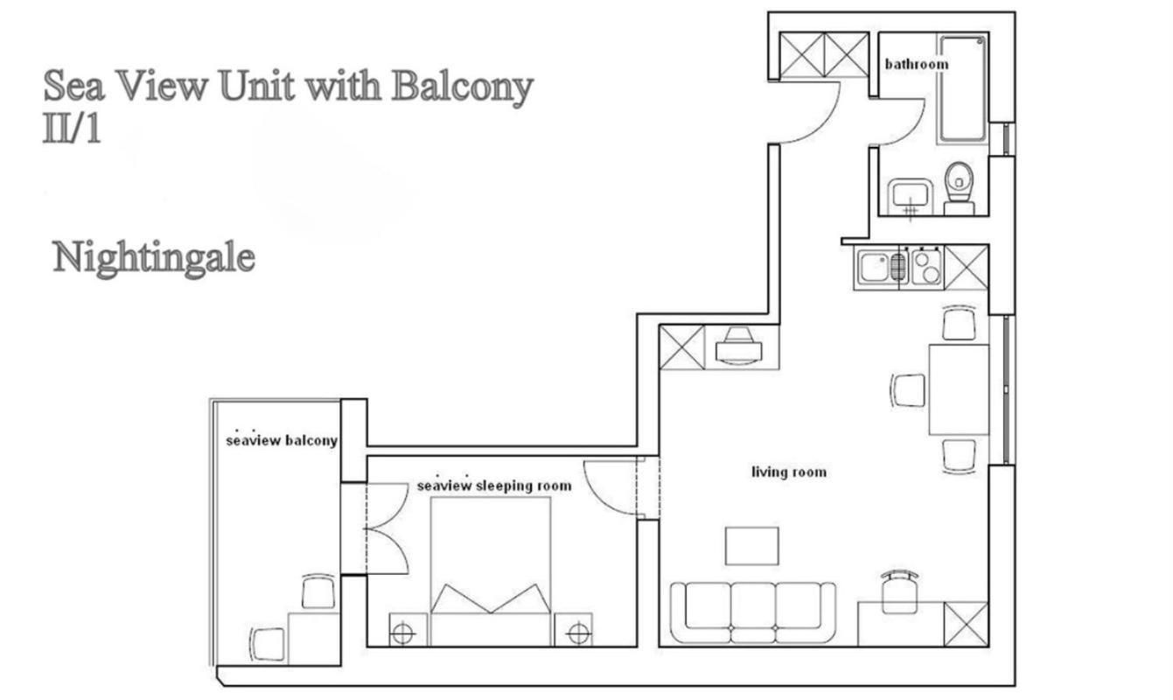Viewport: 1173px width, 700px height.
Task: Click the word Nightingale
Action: tap(154, 259)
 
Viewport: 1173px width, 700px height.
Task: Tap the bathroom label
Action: tap(917, 65)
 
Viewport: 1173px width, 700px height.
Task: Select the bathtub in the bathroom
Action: tap(962, 89)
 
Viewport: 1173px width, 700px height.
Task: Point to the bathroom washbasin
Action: tap(911, 197)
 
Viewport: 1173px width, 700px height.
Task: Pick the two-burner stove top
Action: tap(926, 268)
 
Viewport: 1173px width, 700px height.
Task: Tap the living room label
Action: tap(789, 472)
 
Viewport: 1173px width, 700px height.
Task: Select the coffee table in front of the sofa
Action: tap(751, 546)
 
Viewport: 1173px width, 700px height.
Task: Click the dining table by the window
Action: tap(959, 389)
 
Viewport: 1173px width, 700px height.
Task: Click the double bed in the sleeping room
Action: tap(491, 571)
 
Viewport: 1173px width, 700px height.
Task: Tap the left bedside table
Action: tap(408, 629)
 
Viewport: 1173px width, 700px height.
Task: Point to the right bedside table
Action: tap(574, 629)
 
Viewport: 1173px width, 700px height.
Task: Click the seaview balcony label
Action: tap(281, 440)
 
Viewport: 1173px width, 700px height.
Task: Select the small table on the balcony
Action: tap(314, 639)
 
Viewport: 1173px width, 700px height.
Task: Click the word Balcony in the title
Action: tap(463, 87)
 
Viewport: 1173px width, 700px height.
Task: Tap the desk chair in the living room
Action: tap(899, 592)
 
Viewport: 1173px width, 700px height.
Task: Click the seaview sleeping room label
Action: tap(494, 486)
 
